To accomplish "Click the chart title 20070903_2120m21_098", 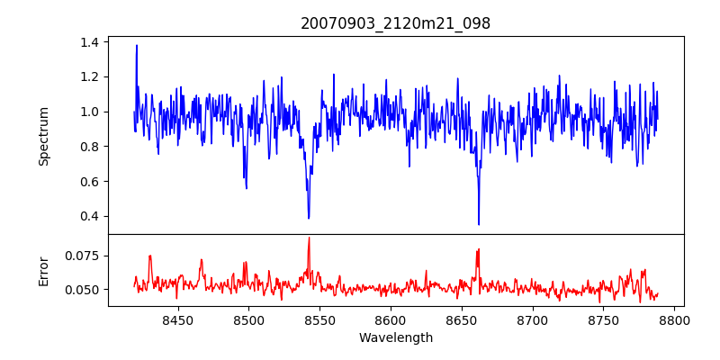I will (x=395, y=23).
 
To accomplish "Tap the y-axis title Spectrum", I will (x=43, y=136).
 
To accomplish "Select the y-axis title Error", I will (x=43, y=270).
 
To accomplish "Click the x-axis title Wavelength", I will (x=395, y=338).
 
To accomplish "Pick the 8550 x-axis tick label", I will (x=319, y=319).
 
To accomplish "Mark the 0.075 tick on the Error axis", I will (x=84, y=256).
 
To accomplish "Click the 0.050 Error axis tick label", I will (x=84, y=290).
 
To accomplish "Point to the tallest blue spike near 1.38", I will (x=137, y=46).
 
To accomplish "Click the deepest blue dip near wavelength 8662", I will (x=479, y=224).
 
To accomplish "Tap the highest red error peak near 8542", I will (x=309, y=238).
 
